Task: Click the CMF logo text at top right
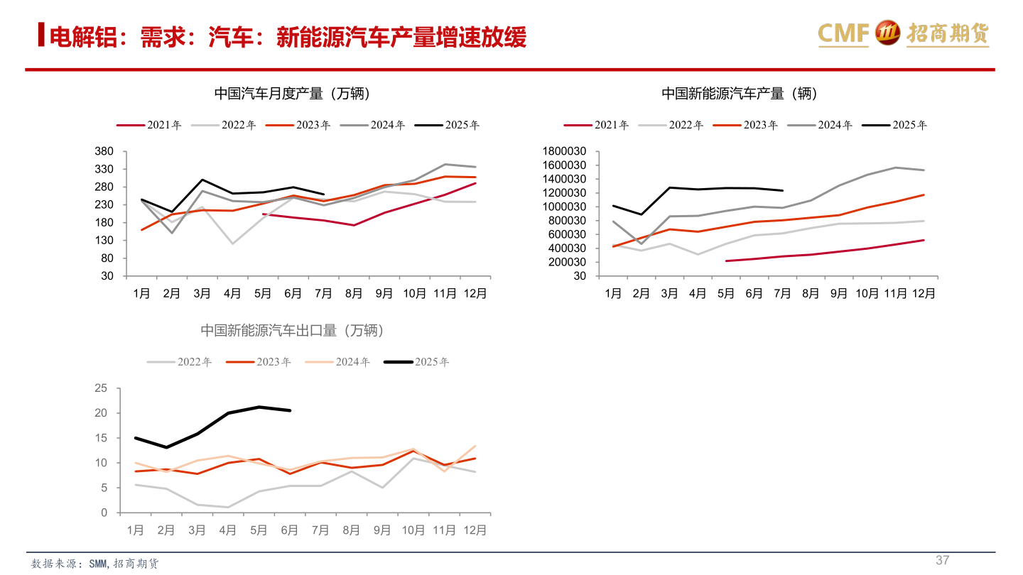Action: tap(843, 33)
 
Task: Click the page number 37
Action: tap(942, 560)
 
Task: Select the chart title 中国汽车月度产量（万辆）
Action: tap(292, 94)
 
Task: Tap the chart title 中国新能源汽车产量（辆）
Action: tap(740, 94)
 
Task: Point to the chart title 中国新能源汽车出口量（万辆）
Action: tap(292, 330)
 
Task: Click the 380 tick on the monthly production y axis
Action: tap(104, 152)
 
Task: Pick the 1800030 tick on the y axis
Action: tap(564, 151)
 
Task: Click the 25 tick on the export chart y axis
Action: tap(100, 388)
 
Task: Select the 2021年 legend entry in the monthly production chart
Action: tap(149, 125)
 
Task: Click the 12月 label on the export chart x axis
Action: tap(475, 530)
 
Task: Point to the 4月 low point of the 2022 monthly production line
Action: tap(232, 243)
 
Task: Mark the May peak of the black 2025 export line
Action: tap(259, 407)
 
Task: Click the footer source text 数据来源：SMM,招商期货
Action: tap(95, 564)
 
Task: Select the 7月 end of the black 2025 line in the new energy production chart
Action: tap(782, 190)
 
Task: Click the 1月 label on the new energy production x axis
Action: tap(613, 293)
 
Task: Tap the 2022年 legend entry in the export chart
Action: tap(180, 362)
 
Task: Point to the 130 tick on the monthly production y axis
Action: tap(104, 241)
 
